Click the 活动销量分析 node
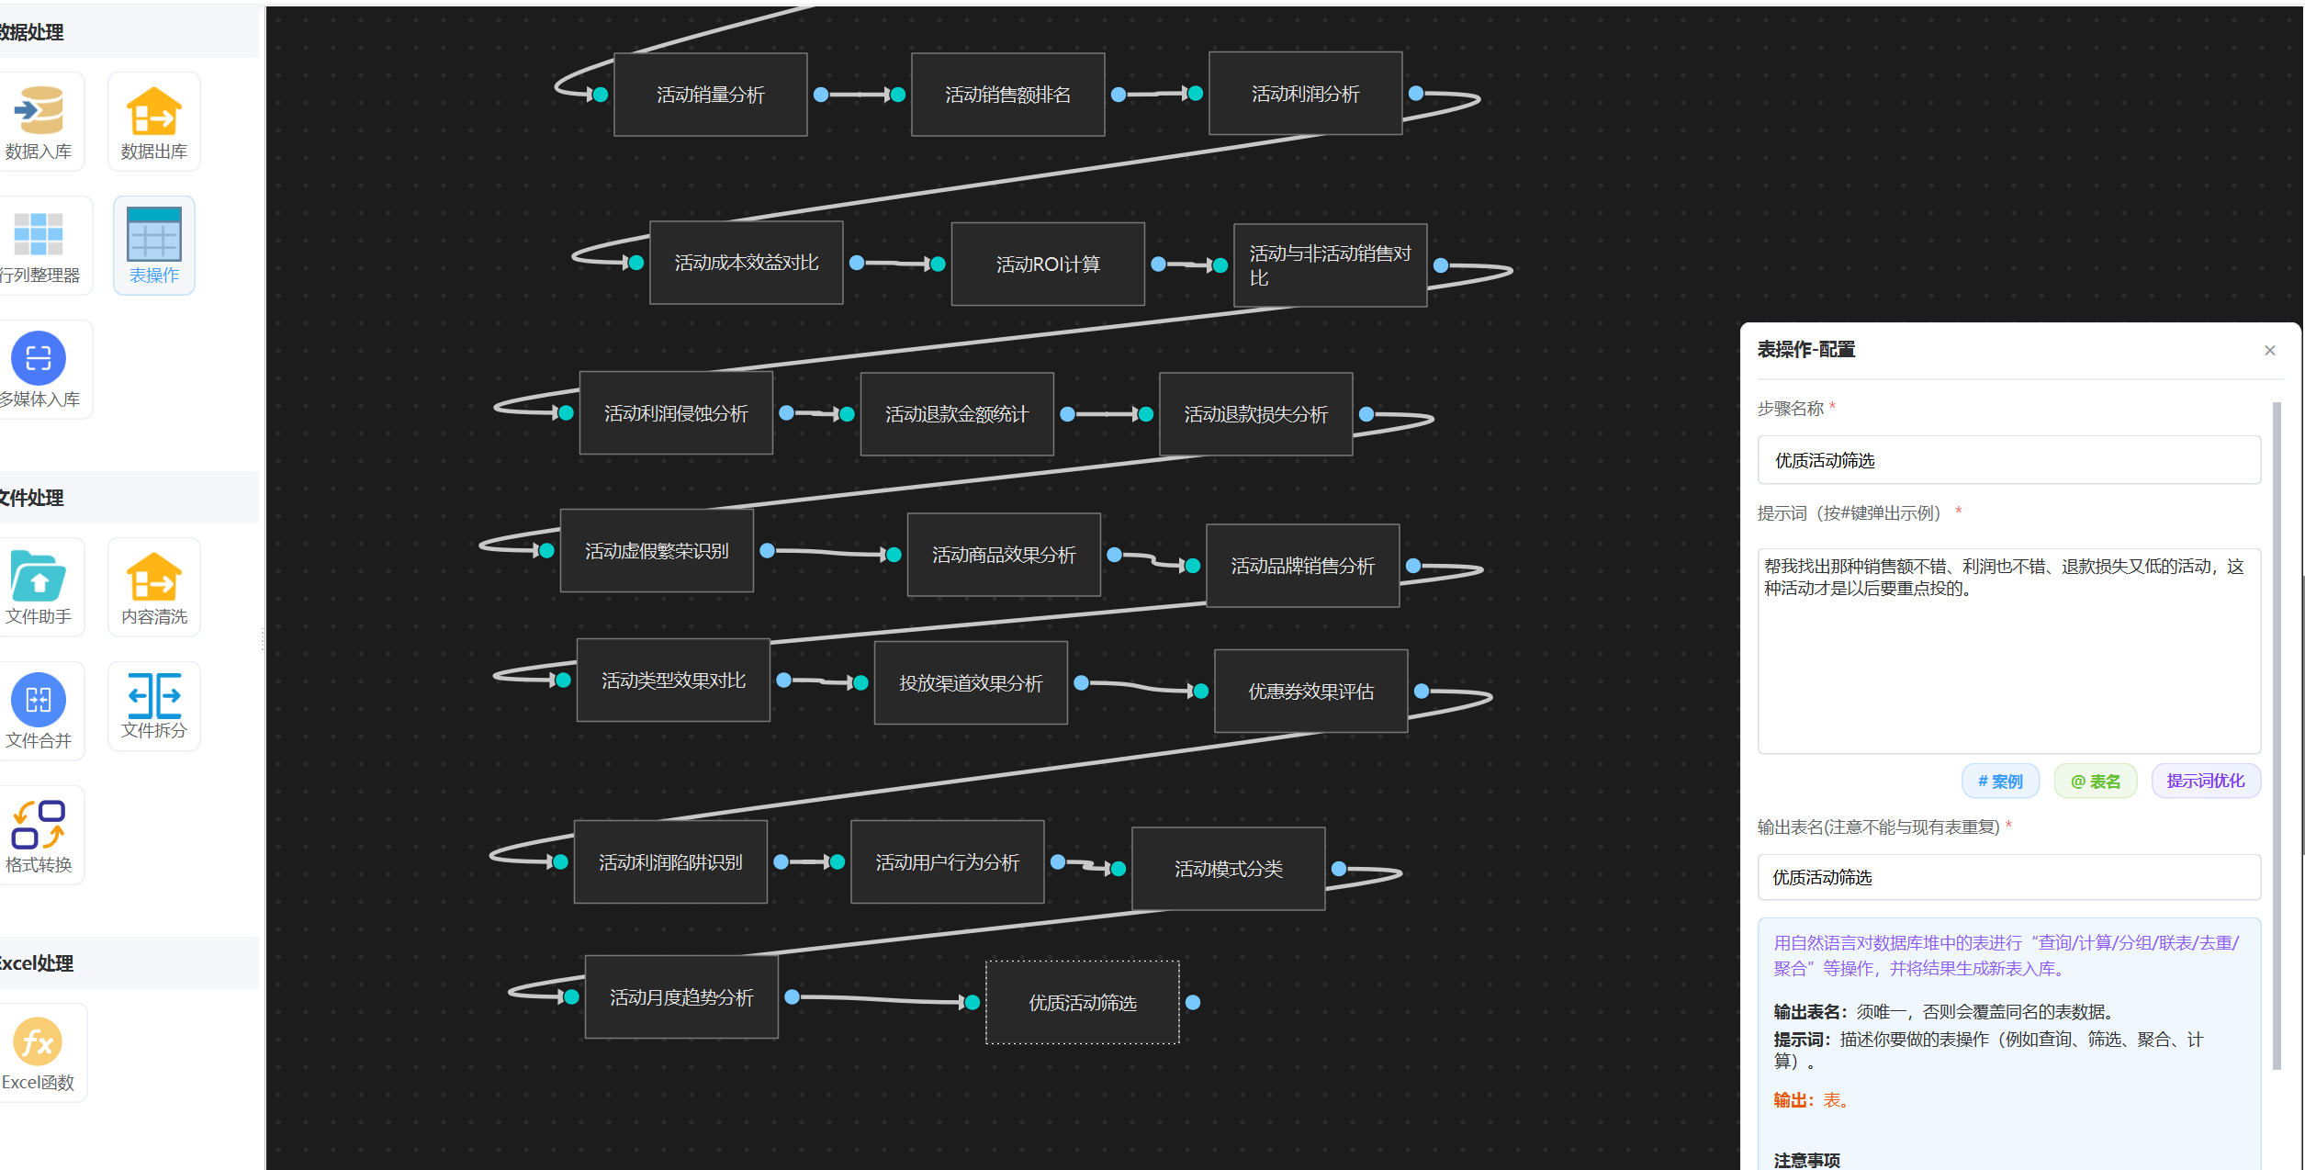(x=710, y=95)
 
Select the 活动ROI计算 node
(x=1048, y=264)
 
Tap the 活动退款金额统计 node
(x=956, y=414)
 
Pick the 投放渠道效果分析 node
(x=971, y=683)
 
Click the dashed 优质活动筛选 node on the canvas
(x=1082, y=1003)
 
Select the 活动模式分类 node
(x=1228, y=869)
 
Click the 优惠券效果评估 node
(x=1310, y=692)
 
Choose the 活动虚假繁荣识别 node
(x=657, y=551)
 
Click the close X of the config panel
(x=2270, y=351)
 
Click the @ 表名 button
(x=2095, y=782)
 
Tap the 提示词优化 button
(x=2205, y=782)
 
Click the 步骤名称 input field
(x=2008, y=460)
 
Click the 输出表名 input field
(x=2008, y=878)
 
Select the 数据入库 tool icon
(x=39, y=112)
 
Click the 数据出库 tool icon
(x=153, y=112)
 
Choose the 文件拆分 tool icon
(x=153, y=696)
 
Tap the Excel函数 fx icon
(x=38, y=1042)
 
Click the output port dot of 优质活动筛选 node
(x=1193, y=1003)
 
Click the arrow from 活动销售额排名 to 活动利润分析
(x=1156, y=94)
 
